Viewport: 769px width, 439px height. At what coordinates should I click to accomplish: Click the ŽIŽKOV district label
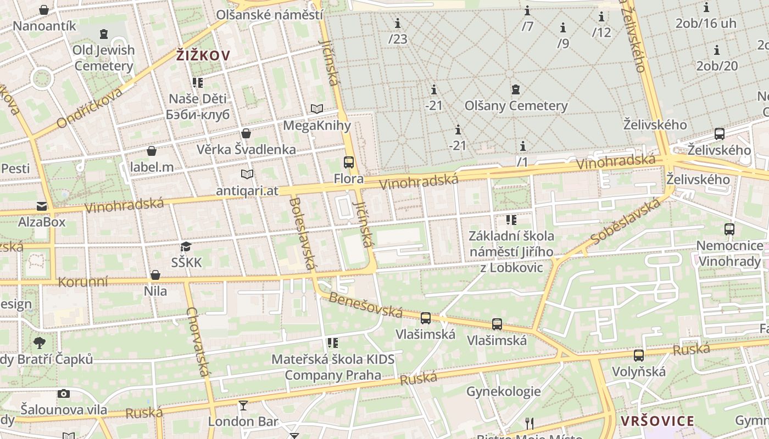[x=203, y=55]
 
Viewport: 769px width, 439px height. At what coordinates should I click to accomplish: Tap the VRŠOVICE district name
[x=657, y=421]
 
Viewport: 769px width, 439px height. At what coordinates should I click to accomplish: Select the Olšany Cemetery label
[x=516, y=105]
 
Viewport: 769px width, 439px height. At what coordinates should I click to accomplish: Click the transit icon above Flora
[x=349, y=162]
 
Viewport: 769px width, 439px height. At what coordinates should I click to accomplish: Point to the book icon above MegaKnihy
[x=317, y=109]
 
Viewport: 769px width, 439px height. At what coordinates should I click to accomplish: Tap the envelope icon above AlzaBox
[x=42, y=206]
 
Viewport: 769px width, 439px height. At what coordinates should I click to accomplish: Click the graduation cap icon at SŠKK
[x=186, y=247]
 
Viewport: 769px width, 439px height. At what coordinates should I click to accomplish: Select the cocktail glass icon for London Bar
[x=243, y=406]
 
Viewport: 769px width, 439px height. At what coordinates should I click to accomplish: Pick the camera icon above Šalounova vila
[x=64, y=393]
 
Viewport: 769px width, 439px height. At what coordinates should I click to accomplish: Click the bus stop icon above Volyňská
[x=638, y=356]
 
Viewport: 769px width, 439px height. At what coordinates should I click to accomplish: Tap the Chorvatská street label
[x=198, y=342]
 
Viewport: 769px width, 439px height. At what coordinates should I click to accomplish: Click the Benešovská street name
[x=366, y=305]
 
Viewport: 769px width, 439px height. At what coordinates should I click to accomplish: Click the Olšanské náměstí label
[x=270, y=15]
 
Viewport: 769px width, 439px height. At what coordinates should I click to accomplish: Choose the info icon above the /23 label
[x=398, y=23]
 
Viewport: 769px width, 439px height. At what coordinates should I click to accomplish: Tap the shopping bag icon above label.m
[x=152, y=151]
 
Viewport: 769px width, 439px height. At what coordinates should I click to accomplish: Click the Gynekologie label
[x=503, y=391]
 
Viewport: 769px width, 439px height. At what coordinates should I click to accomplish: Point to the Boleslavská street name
[x=302, y=233]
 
